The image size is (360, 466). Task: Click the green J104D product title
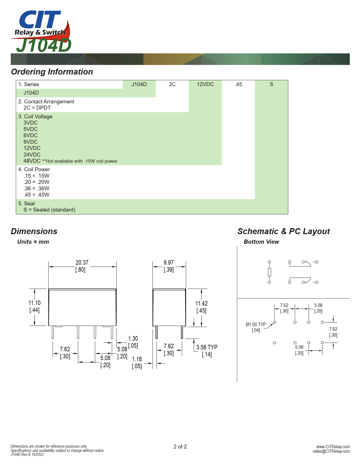[x=44, y=45]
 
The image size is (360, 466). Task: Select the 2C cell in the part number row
[x=172, y=84]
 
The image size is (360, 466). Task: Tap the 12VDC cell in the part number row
[x=205, y=84]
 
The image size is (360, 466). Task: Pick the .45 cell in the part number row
[x=238, y=84]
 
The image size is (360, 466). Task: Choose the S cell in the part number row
[x=271, y=84]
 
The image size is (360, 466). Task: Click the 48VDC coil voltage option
[x=32, y=161]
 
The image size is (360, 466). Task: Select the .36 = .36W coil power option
[x=36, y=188]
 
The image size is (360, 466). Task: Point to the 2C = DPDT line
[x=37, y=108]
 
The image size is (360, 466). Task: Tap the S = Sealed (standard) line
[x=49, y=210]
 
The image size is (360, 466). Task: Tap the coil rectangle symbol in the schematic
[x=269, y=272]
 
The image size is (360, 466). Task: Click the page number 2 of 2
[x=180, y=447]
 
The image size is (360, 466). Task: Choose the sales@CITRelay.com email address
[x=331, y=451]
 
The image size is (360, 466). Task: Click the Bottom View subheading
[x=261, y=242]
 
